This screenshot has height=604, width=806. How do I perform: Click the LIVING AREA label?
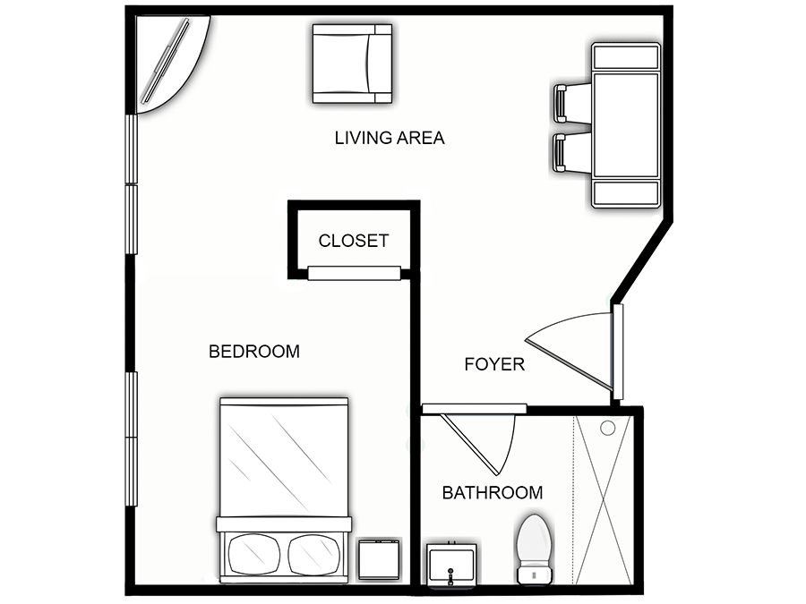pos(390,138)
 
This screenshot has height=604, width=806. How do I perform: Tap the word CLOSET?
pos(354,241)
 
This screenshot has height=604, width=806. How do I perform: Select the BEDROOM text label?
pos(254,352)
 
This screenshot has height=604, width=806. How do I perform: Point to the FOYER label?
pos(494,364)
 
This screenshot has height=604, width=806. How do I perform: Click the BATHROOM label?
pos(493,492)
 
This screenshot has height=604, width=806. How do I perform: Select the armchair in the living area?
pos(352,64)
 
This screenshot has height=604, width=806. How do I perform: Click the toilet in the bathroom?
pos(535,549)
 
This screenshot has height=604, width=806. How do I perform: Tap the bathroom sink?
pos(452,564)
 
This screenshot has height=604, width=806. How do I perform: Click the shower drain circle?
pos(608,428)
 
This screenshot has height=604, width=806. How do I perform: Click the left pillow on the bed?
pos(254,554)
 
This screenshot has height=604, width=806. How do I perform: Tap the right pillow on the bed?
pos(314,554)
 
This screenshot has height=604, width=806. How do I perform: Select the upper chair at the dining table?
pos(571,103)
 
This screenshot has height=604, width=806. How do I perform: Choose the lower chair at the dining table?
pos(571,152)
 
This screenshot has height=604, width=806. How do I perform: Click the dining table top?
pos(626,125)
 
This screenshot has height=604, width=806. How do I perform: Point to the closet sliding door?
pos(354,273)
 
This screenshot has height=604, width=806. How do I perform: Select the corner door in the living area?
pos(173,64)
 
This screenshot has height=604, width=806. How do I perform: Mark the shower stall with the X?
pos(603,499)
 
